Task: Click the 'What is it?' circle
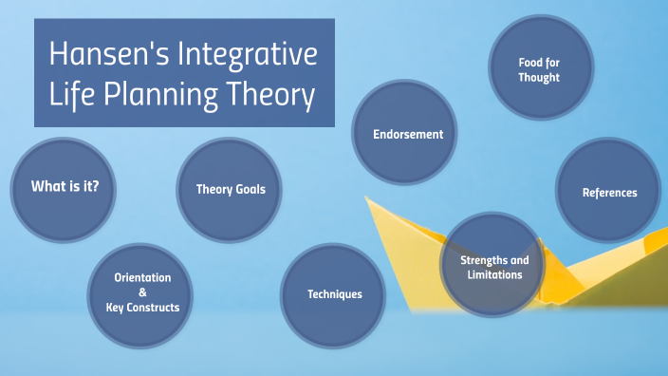(65, 186)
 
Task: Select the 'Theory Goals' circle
(231, 189)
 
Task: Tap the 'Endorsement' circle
(407, 134)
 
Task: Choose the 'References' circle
(608, 193)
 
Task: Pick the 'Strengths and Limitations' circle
(493, 267)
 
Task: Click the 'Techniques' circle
(334, 293)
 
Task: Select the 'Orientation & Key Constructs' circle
(142, 291)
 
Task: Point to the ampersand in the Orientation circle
(142, 292)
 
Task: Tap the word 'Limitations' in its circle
(494, 274)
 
